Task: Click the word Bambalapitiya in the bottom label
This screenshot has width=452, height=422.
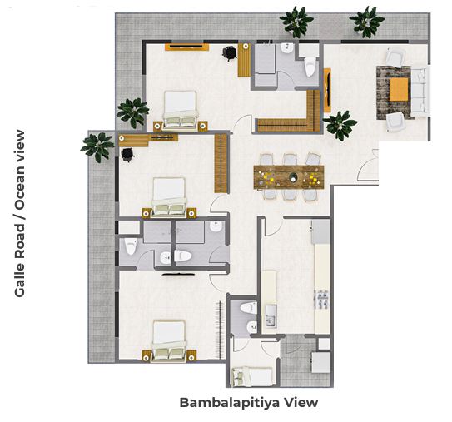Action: click(x=230, y=403)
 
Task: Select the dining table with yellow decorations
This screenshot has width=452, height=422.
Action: click(x=289, y=177)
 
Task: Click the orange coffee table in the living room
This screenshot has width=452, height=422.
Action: click(x=399, y=89)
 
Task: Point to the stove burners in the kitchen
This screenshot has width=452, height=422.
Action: click(x=322, y=299)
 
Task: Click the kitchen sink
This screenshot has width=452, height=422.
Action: click(x=270, y=316)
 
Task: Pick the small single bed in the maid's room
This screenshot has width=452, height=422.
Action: click(x=252, y=376)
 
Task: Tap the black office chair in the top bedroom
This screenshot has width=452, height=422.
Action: click(x=230, y=53)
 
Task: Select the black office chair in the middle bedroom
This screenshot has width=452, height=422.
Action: click(x=127, y=155)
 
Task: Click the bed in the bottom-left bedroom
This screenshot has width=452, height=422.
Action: click(x=169, y=340)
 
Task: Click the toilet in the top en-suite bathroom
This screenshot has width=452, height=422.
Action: click(x=310, y=67)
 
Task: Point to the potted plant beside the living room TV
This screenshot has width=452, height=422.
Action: click(x=340, y=126)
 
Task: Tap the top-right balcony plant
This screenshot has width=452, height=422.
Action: click(x=367, y=22)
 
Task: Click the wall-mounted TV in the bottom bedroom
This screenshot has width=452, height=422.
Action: click(x=178, y=274)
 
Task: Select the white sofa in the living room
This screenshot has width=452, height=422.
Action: click(x=420, y=92)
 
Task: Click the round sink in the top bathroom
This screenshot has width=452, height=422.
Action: click(x=287, y=48)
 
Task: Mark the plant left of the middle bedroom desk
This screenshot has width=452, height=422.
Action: click(x=97, y=147)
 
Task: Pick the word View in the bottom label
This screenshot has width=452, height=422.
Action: click(x=301, y=402)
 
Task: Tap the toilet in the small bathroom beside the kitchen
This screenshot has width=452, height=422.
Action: click(x=249, y=308)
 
